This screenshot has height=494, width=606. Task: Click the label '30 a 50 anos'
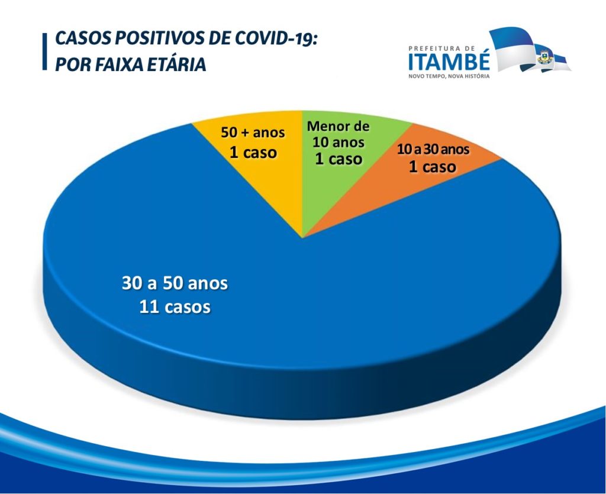click(x=175, y=283)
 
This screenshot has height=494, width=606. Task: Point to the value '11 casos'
click(x=175, y=307)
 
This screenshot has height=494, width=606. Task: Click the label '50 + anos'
click(x=253, y=133)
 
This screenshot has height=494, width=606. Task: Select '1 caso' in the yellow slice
click(x=253, y=153)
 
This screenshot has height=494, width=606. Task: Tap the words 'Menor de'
click(x=338, y=126)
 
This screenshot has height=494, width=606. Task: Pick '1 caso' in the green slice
click(x=339, y=159)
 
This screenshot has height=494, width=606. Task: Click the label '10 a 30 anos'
click(x=433, y=149)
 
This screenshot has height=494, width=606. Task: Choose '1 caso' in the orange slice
click(x=433, y=167)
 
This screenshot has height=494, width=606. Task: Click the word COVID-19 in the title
click(x=276, y=38)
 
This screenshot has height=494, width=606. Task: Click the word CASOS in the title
click(x=83, y=38)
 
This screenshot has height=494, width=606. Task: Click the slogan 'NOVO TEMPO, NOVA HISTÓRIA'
click(x=449, y=76)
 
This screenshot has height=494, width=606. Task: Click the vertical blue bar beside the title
click(x=45, y=51)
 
